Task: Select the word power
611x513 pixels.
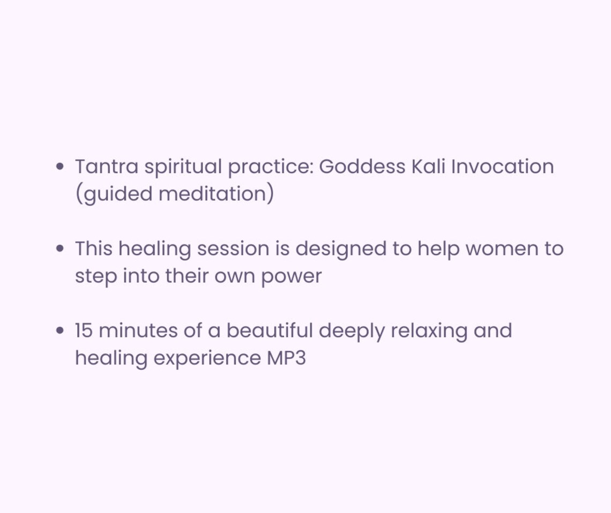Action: (291, 277)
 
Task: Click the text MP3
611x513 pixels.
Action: (286, 358)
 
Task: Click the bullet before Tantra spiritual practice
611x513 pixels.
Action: (60, 167)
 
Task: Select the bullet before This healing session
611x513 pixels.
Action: (60, 249)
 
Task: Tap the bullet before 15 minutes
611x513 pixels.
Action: (60, 331)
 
